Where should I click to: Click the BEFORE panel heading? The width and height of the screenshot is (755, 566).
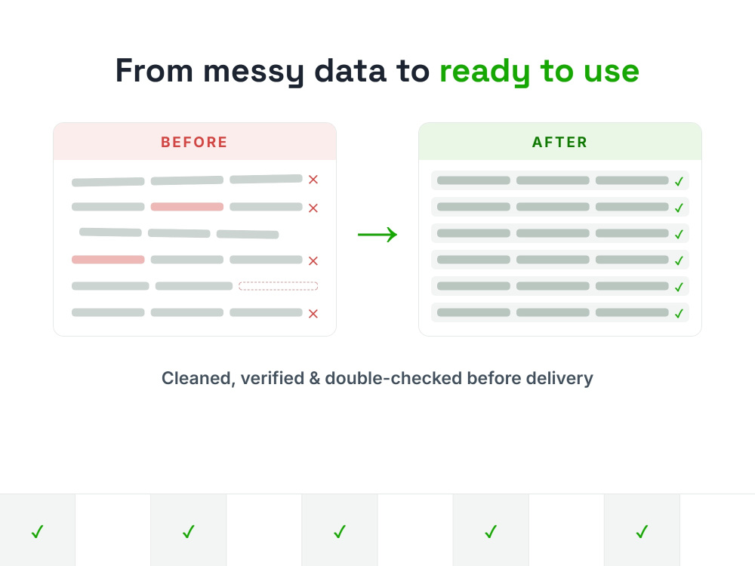click(194, 142)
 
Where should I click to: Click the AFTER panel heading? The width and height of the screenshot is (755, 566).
click(559, 142)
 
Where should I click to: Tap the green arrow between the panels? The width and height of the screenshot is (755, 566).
click(377, 235)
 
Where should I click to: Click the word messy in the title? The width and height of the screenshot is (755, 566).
click(254, 72)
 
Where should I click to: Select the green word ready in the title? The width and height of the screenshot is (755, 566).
click(485, 72)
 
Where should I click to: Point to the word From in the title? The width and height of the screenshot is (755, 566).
click(154, 71)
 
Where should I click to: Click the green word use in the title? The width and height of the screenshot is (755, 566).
click(612, 72)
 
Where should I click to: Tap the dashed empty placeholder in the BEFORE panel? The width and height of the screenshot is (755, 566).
click(279, 286)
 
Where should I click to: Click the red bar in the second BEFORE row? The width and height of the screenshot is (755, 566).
click(186, 207)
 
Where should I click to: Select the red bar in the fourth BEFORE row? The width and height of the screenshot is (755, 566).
click(108, 260)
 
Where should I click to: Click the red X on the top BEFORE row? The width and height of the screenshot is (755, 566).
click(313, 180)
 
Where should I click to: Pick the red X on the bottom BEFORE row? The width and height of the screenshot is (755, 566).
click(313, 314)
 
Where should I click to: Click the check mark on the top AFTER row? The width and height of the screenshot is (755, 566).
click(679, 181)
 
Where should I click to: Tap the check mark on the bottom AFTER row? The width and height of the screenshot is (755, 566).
click(679, 314)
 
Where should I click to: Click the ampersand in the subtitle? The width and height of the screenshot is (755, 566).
click(314, 378)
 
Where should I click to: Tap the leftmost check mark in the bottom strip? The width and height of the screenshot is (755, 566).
click(38, 531)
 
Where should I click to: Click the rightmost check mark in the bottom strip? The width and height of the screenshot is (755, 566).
click(642, 531)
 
